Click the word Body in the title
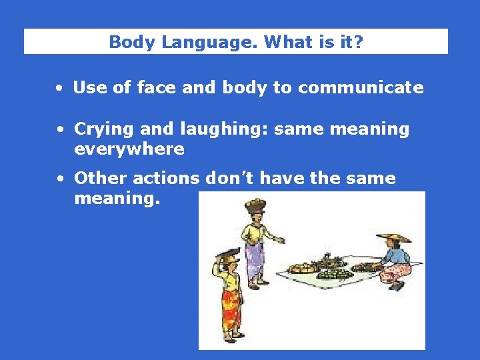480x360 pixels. (127, 42)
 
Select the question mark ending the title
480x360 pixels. (359, 42)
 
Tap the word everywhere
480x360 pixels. (129, 149)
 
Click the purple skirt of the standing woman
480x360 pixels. (254, 259)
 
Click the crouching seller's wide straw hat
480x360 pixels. (394, 237)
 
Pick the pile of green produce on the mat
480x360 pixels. (335, 273)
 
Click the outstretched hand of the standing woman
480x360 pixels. (281, 241)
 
